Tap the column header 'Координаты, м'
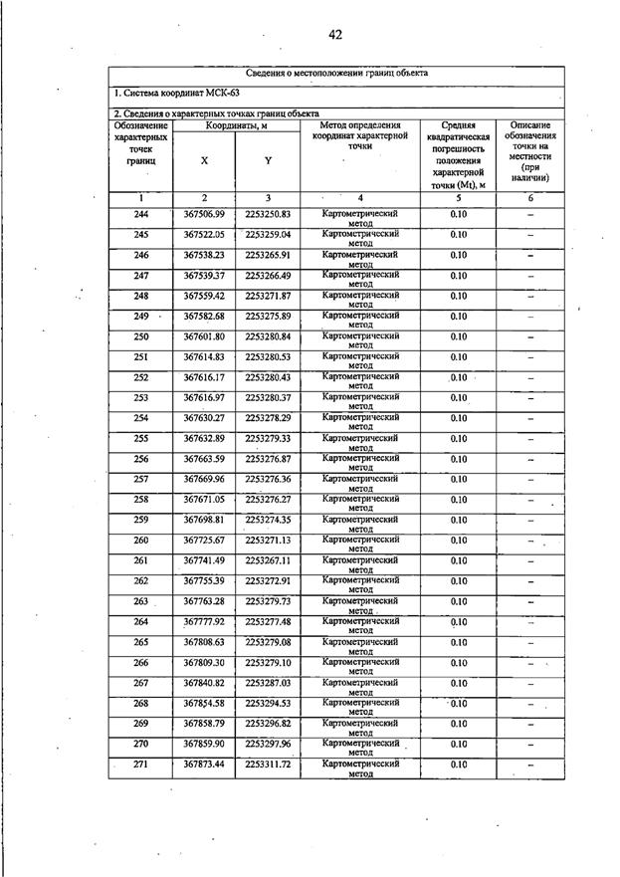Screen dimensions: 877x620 (236, 125)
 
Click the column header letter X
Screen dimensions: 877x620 (204, 160)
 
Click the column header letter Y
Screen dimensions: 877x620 (268, 160)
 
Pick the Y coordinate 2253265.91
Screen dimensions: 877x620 (268, 256)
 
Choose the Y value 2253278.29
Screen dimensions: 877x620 (268, 419)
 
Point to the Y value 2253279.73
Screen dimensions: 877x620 (268, 601)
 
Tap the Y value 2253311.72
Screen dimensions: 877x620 (268, 765)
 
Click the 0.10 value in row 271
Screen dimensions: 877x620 (458, 765)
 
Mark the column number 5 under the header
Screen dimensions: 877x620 (458, 198)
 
